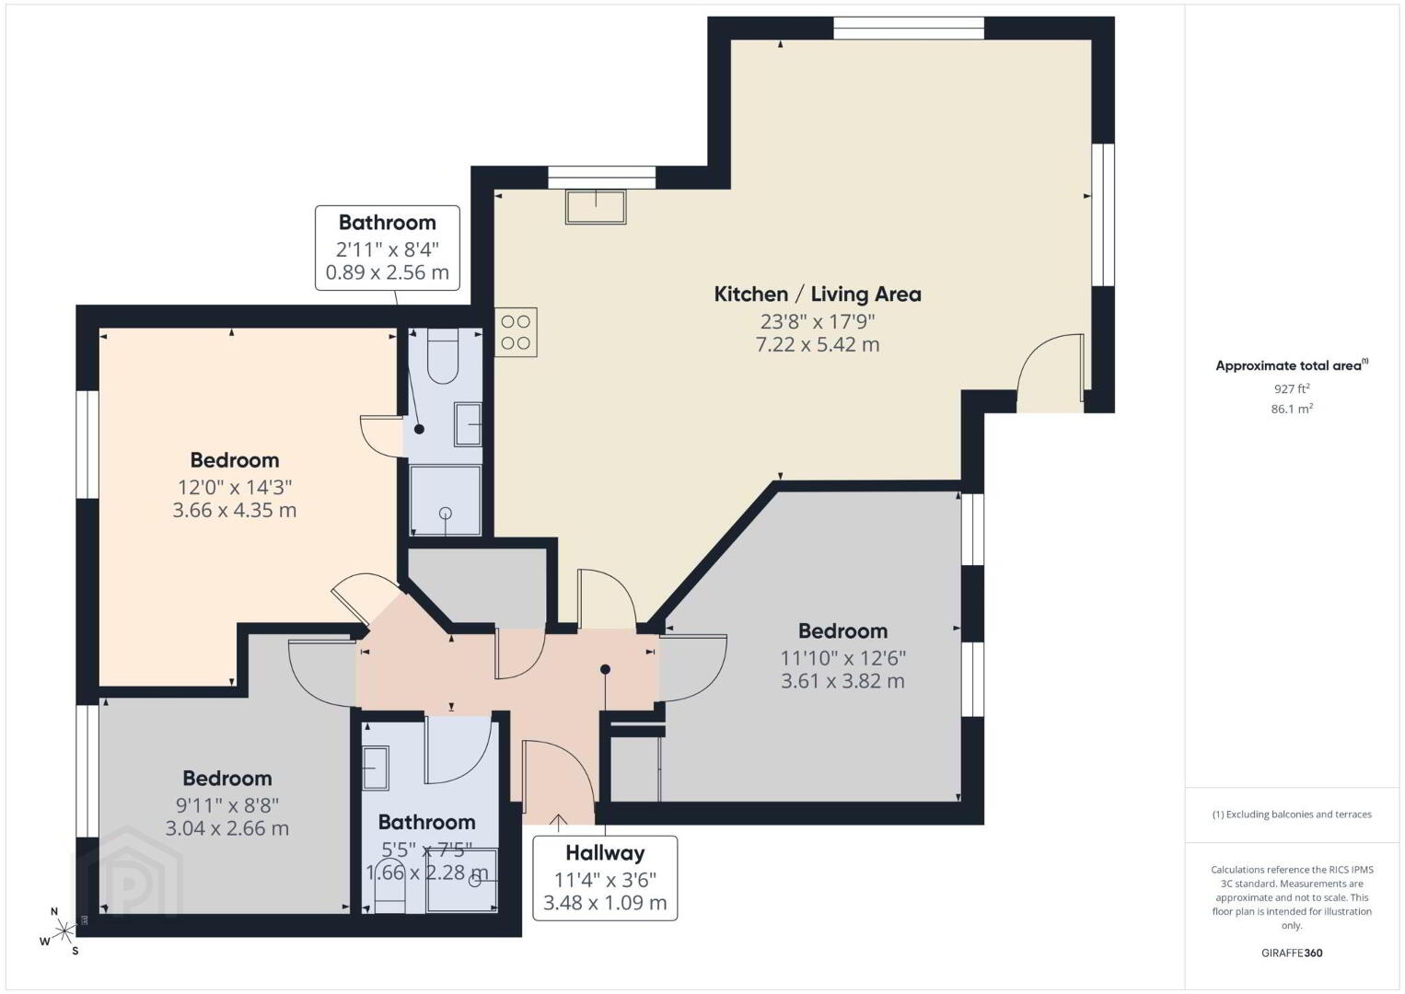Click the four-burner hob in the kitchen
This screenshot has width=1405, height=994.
(x=516, y=332)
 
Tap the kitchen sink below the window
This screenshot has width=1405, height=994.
(x=596, y=207)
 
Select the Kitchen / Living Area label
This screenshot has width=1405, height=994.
(x=818, y=295)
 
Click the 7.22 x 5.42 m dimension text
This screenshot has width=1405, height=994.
(x=818, y=344)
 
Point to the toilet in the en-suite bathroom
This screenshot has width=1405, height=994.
(x=443, y=356)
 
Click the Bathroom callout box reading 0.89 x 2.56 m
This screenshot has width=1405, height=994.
(x=387, y=248)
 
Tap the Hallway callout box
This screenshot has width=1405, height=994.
(x=605, y=878)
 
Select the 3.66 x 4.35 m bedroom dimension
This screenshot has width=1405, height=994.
(x=234, y=510)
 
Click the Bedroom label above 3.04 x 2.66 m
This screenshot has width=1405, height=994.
(x=227, y=779)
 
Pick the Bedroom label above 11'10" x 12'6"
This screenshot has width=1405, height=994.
(x=842, y=630)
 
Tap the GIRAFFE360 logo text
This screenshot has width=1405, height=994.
(x=1292, y=954)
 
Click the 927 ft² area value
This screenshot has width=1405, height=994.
(x=1292, y=388)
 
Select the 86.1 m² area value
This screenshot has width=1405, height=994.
(x=1292, y=409)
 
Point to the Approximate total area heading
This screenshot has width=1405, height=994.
(x=1292, y=365)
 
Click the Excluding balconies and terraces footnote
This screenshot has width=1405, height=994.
(x=1292, y=815)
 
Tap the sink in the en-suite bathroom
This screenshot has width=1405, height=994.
(x=468, y=424)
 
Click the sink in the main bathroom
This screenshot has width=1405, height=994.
(x=376, y=769)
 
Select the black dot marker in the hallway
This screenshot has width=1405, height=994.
(x=605, y=669)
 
